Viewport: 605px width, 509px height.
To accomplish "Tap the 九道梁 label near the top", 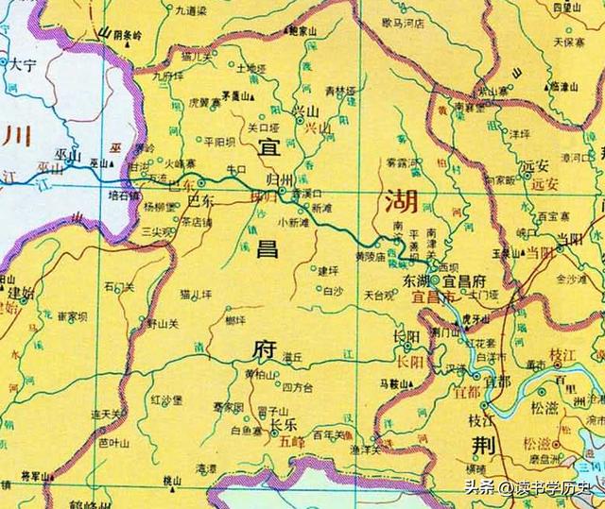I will pos(190,10).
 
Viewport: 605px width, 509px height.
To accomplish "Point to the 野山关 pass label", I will pos(162,323).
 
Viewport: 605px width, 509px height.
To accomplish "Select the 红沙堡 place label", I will pos(165,400).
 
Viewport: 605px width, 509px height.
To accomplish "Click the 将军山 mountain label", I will pos(35,478).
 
